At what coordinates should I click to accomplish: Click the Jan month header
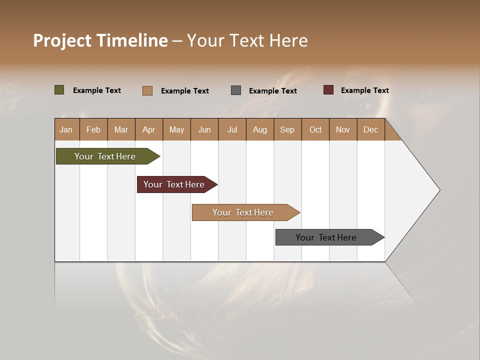tap(66, 129)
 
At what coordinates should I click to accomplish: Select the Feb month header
tap(93, 129)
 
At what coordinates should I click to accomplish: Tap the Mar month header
tap(121, 129)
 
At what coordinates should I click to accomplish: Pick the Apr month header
tap(149, 129)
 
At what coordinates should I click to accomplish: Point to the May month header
tap(176, 129)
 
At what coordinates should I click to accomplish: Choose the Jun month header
tap(204, 129)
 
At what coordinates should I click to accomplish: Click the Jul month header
tap(232, 129)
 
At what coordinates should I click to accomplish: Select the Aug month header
tap(260, 129)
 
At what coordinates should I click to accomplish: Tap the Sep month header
tap(287, 129)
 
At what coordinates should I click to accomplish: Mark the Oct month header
tap(315, 129)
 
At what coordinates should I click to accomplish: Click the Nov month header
tap(343, 129)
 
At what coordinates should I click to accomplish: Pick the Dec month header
tap(371, 129)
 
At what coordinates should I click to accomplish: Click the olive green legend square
tap(59, 90)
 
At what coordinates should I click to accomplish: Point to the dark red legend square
tap(328, 90)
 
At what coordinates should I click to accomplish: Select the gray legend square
tap(236, 90)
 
